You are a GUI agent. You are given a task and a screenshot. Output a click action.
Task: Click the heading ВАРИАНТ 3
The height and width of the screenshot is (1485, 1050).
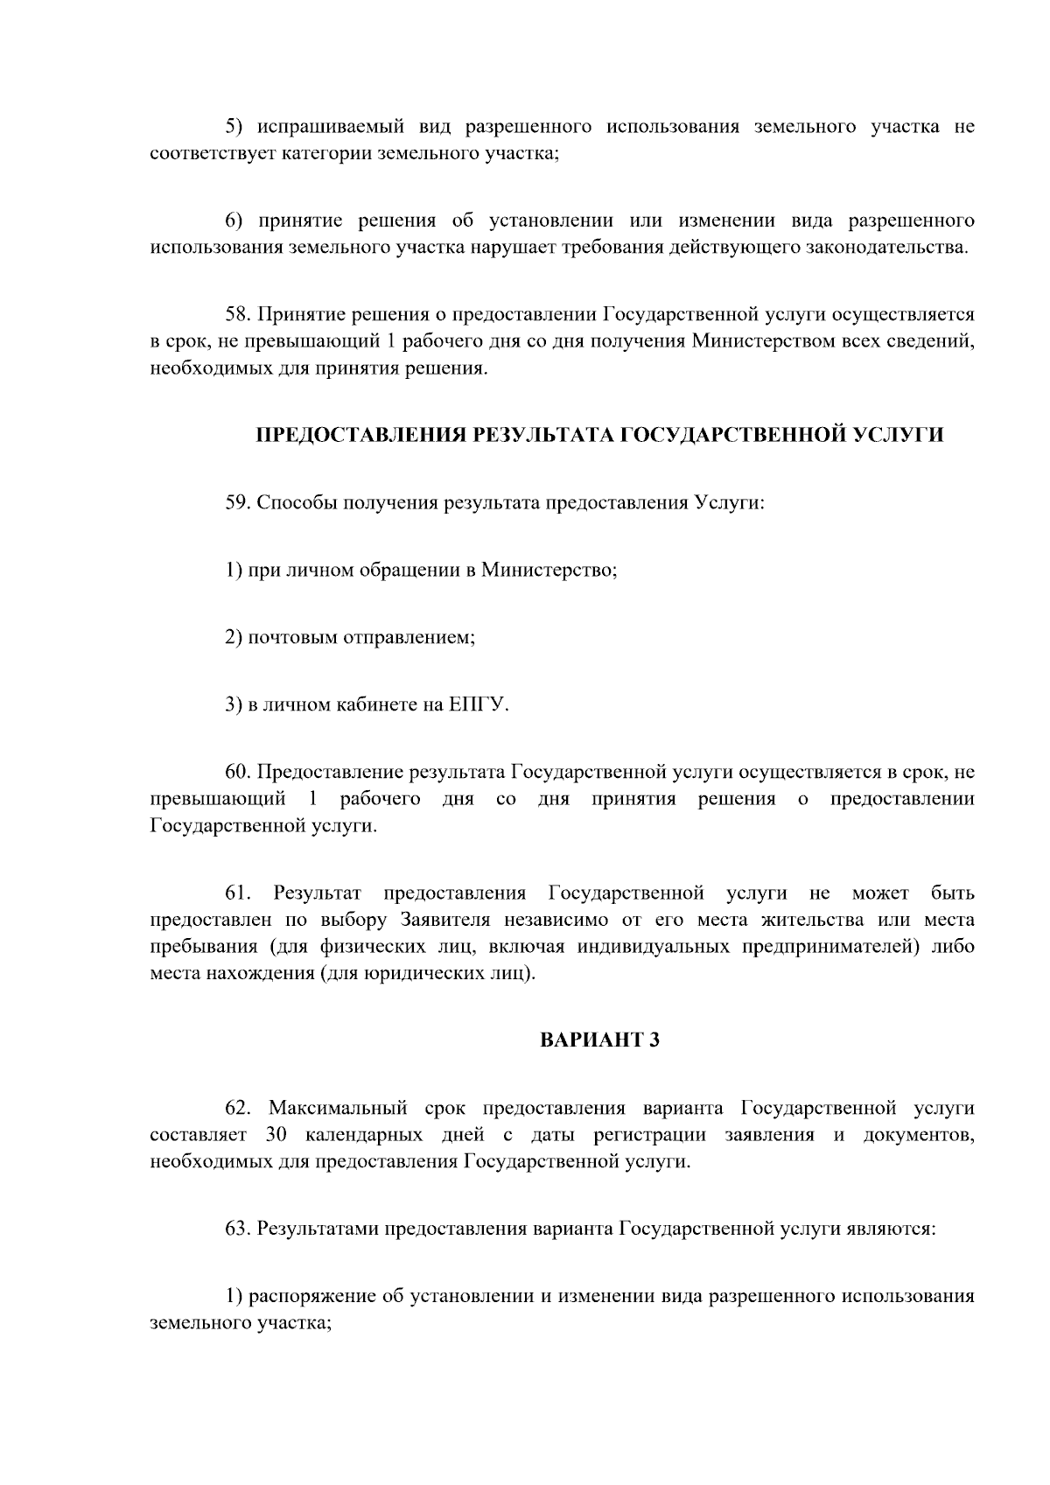click(x=598, y=1040)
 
